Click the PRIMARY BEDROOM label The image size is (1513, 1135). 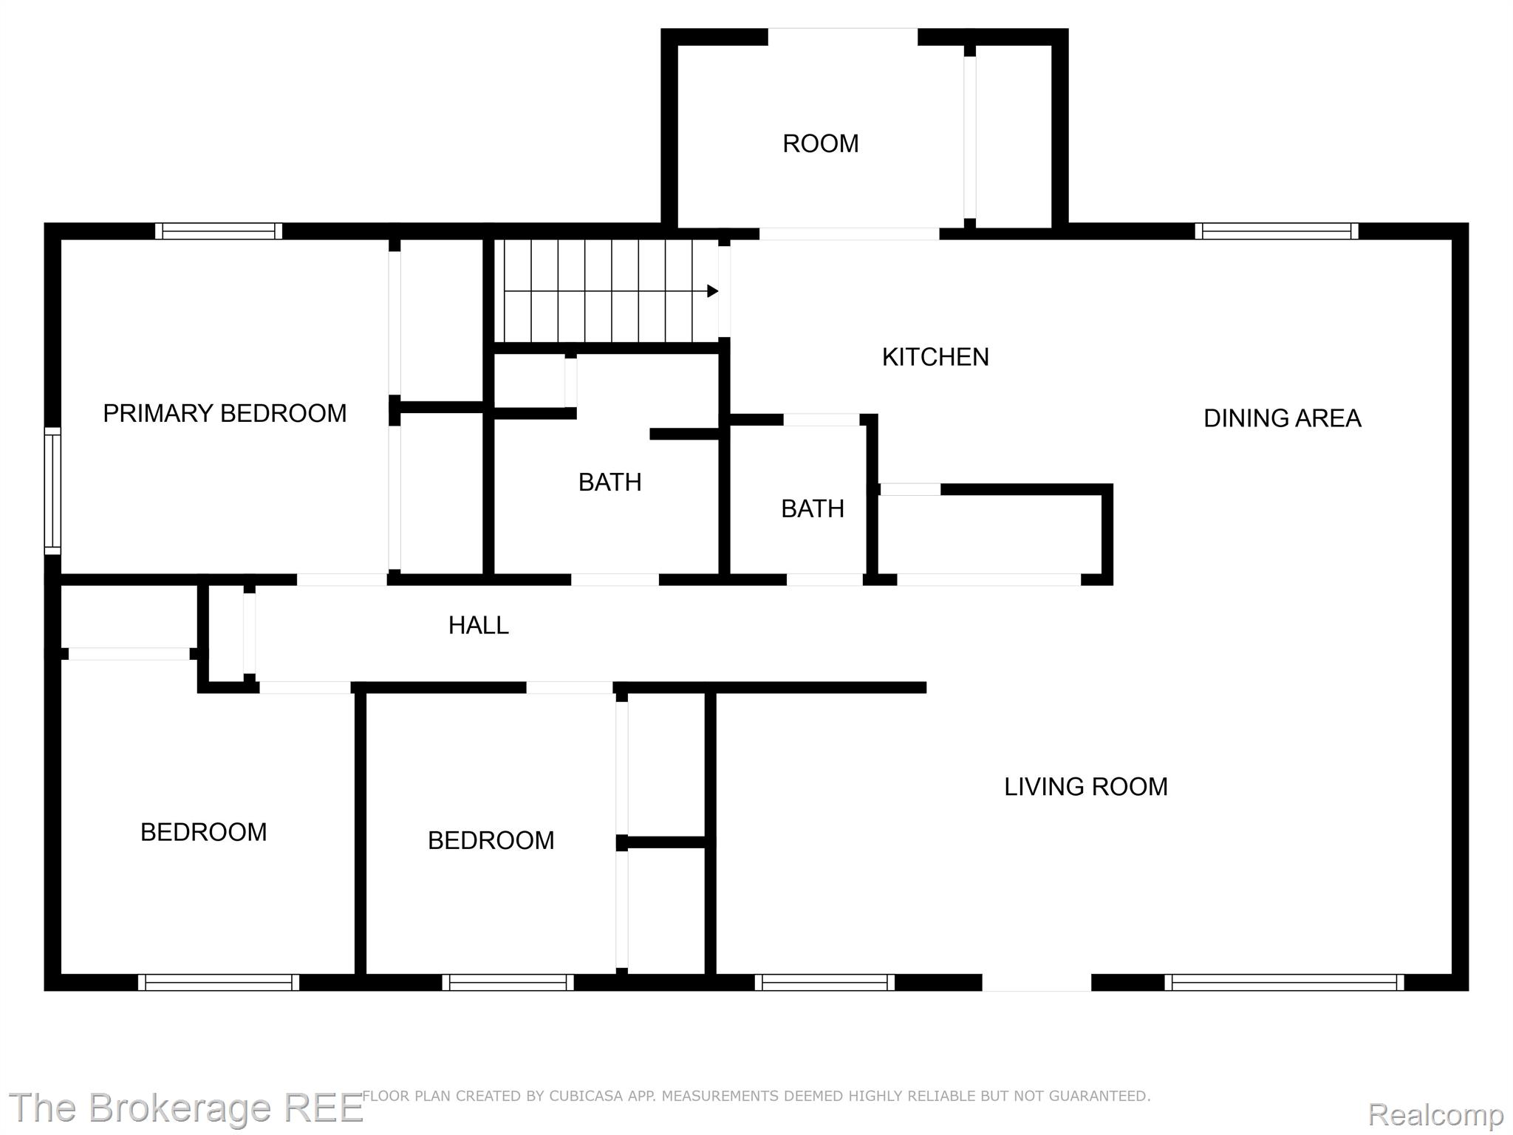(225, 413)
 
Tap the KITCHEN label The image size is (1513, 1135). (935, 357)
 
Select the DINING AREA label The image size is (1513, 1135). (1282, 418)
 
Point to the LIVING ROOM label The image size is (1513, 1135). (1085, 786)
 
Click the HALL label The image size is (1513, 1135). (478, 625)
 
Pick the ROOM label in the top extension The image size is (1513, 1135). (820, 143)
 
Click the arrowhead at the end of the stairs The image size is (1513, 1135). (712, 291)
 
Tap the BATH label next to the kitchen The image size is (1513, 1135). (812, 508)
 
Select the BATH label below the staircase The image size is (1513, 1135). (609, 482)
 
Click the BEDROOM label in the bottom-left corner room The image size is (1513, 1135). (203, 832)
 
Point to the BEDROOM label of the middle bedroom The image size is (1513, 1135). (491, 840)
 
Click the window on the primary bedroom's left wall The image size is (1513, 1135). (52, 490)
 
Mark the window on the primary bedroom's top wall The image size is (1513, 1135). (219, 231)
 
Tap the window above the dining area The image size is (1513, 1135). (1277, 231)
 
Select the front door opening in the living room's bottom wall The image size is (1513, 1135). (1036, 982)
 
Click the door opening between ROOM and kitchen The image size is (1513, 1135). (849, 234)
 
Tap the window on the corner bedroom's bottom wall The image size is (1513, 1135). (219, 982)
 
